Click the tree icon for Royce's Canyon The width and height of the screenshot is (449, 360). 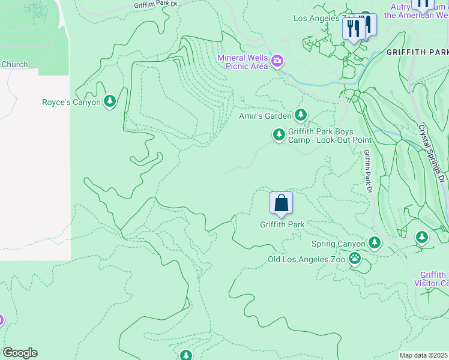point(109,102)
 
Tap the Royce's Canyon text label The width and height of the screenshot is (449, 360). point(71,103)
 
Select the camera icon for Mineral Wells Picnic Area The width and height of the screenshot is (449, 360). point(277,61)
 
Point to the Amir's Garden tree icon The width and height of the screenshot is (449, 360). point(300,115)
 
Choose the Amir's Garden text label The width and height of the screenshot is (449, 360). point(265,115)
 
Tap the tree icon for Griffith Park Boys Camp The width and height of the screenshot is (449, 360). point(279,135)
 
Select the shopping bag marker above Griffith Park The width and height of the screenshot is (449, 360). point(281,204)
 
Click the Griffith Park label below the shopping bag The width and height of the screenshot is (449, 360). point(282,225)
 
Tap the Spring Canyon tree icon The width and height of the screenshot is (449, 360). point(375,243)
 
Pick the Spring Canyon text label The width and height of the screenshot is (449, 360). point(338,244)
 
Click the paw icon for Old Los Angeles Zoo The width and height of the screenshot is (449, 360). point(355,259)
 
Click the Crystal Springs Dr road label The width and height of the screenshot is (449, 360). point(432,154)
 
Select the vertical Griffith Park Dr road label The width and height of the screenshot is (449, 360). point(367,171)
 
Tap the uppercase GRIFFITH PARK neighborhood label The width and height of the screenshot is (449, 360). point(417,52)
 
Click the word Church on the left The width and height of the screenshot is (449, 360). point(14,65)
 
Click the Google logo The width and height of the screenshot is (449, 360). point(20,353)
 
